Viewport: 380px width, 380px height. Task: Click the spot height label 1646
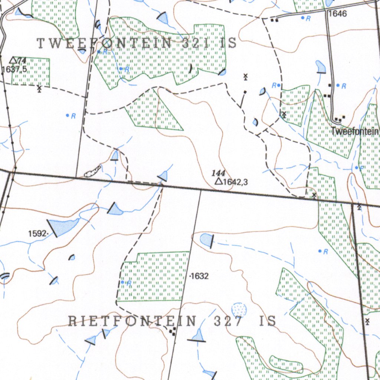337,14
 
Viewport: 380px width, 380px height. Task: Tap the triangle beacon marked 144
219,181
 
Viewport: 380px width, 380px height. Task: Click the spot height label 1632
200,276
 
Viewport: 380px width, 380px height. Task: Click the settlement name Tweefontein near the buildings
355,131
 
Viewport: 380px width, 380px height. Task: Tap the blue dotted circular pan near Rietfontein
238,309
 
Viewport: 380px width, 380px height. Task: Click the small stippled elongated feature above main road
92,171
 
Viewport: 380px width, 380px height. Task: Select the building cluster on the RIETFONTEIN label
172,331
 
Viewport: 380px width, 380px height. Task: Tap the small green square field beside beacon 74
31,71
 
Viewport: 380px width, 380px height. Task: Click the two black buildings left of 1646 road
275,20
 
